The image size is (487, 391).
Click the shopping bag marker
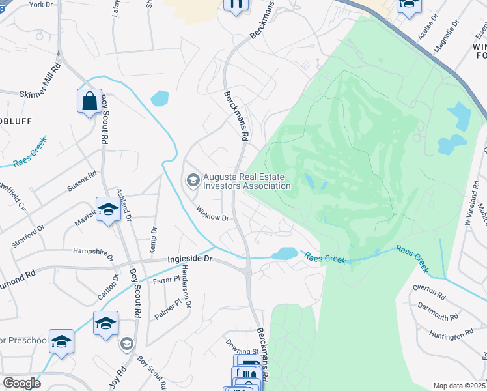(89, 102)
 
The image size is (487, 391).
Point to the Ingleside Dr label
(191, 259)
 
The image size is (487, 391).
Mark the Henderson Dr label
(186, 287)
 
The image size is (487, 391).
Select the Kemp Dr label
(154, 240)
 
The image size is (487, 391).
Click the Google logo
(21, 383)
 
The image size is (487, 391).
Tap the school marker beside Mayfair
(108, 209)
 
